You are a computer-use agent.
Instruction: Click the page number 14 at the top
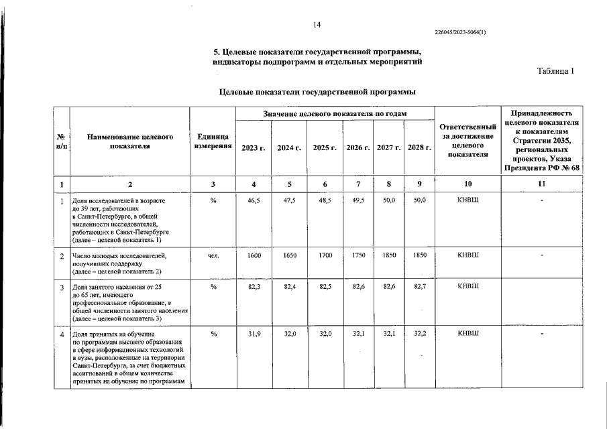point(317,25)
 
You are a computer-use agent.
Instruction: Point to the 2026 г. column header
point(358,147)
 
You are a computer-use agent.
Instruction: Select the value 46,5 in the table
point(253,200)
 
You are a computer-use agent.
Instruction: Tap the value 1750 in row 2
point(358,255)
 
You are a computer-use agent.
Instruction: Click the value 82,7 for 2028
point(420,287)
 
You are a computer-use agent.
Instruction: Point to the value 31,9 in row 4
point(253,333)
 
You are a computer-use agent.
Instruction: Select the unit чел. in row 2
point(213,255)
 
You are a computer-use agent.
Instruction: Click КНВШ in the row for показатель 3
point(468,287)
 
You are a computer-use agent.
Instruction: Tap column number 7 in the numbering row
point(358,184)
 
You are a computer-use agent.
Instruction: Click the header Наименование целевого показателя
point(130,141)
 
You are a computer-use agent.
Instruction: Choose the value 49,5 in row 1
point(358,200)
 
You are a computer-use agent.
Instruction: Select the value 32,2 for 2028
point(420,333)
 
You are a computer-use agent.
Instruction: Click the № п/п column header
point(61,141)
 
